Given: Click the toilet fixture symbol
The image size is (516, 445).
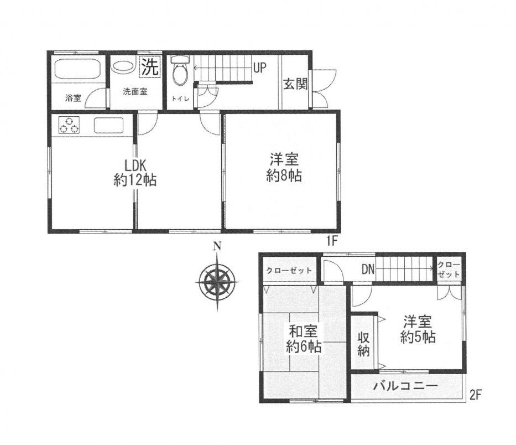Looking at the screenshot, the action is point(180,68).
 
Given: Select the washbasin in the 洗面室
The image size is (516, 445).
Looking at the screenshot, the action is point(123,66).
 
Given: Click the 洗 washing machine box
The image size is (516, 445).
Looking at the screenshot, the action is point(150,67).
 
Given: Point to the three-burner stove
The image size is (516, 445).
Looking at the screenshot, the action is point(70,125).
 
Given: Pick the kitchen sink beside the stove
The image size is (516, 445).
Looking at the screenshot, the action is point(108,125).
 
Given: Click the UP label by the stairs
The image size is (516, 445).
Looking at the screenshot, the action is point(259,68).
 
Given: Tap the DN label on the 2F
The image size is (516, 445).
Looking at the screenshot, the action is point(368,270).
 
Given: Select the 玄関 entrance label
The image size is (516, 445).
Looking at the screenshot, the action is point(295,84).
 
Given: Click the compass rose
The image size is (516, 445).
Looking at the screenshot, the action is point(217,282).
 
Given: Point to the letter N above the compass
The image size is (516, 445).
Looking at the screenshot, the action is point(217,246).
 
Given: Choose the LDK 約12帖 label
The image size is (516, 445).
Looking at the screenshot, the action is point(135,173).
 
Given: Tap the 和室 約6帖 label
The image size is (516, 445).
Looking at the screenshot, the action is point(304,339).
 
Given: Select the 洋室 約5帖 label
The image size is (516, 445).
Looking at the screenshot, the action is point(418,329).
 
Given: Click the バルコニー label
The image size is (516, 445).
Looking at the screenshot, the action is point(405,386).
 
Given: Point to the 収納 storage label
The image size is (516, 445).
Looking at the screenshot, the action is point(363,344).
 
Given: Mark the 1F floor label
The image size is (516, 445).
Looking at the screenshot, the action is point(332,242).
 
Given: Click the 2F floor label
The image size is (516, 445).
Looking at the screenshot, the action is point(476,394).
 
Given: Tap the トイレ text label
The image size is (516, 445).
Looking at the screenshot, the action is point(180,98).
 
